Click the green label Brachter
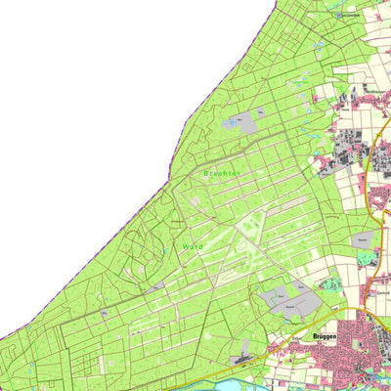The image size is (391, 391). tap(222, 173)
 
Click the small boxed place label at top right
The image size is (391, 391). tap(347, 15)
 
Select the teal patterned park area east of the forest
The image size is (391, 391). tap(368, 259)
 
